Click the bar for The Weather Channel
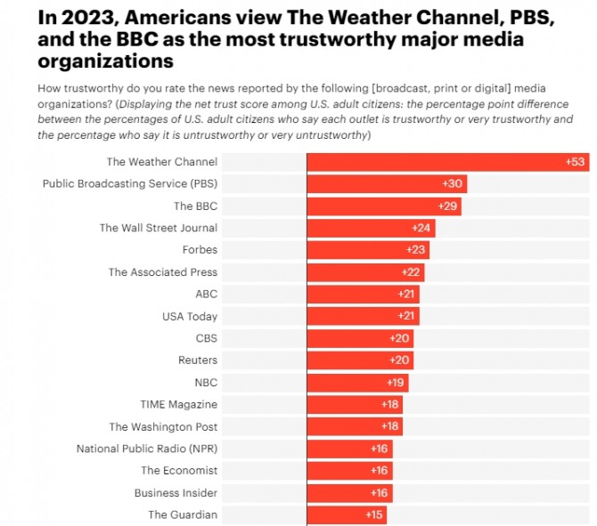click(x=446, y=162)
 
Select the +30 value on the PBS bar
click(x=452, y=183)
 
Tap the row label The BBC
click(x=195, y=206)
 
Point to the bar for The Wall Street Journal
click(x=370, y=228)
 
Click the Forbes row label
click(x=200, y=250)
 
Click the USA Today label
click(x=189, y=316)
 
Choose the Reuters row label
click(x=198, y=360)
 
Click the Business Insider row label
click(x=176, y=492)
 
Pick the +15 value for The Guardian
click(x=374, y=514)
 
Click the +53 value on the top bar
click(x=575, y=162)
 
